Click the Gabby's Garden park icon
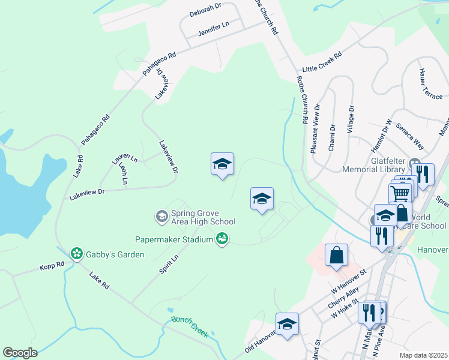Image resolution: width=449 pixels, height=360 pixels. pos(77,254)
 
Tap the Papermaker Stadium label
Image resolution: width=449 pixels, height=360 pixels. pos(174,239)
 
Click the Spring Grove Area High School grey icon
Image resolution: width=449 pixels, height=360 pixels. pos(161,216)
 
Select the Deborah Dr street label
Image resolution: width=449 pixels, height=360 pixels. pos(205,13)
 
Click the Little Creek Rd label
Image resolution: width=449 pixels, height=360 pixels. pos(322,62)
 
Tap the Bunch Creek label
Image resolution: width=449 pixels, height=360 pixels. pos(189,327)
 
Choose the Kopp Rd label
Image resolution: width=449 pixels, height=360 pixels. pos(52,265)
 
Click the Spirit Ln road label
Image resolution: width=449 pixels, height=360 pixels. pos(169,264)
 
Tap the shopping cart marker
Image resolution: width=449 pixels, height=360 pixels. pos(400,193)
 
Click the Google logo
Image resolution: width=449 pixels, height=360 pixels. pos(20,353)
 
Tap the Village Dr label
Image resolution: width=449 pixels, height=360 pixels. pos(351,122)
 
